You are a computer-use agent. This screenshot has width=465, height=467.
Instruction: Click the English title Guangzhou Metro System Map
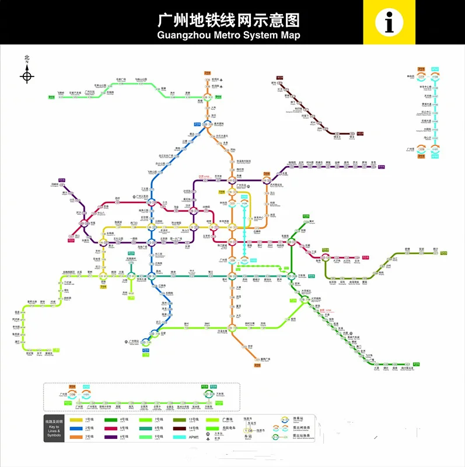point(229,35)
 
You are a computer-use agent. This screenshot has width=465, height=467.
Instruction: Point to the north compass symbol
point(27,75)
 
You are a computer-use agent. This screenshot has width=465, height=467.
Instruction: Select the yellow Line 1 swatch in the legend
point(76,420)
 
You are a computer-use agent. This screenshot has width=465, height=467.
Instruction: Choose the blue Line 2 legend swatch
point(76,428)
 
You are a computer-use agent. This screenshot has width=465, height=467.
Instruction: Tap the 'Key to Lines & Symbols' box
point(53,428)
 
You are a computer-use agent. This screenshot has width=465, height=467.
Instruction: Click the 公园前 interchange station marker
point(151,226)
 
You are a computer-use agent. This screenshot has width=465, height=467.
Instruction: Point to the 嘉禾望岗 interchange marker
point(206,123)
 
